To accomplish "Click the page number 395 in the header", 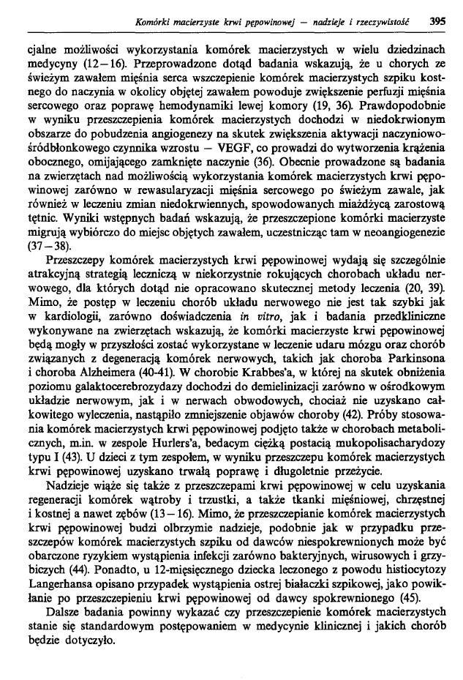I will tap(437, 21).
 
